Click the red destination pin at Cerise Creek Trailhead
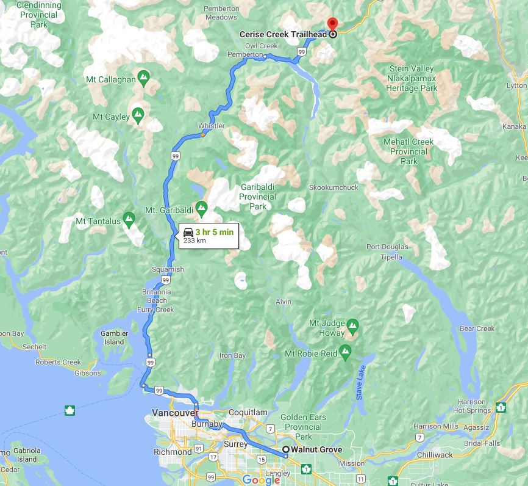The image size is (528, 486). click(332, 24)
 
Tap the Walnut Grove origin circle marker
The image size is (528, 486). click(285, 450)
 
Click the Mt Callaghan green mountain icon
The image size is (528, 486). click(143, 77)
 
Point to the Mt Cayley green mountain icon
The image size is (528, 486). click(138, 114)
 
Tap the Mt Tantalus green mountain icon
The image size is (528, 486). click(129, 218)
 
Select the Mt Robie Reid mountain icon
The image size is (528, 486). click(346, 351)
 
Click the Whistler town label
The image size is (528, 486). click(211, 126)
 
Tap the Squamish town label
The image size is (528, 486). click(169, 269)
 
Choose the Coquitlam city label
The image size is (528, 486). click(249, 412)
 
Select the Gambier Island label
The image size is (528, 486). click(115, 338)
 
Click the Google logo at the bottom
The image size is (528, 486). click(261, 480)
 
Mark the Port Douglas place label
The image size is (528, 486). click(387, 247)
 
